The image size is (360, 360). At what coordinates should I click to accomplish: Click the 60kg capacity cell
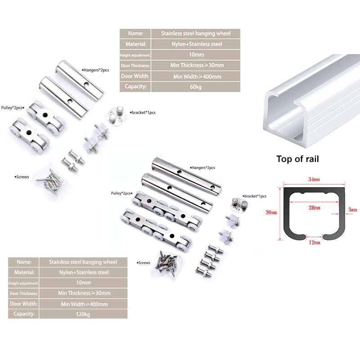click(x=196, y=87)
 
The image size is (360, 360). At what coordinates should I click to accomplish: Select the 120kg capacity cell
click(x=83, y=314)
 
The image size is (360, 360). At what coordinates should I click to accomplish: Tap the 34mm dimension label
click(x=314, y=179)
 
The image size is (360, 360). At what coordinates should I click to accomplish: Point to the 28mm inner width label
click(x=314, y=207)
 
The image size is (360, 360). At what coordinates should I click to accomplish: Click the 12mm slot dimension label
click(x=315, y=243)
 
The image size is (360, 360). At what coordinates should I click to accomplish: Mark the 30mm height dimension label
click(x=271, y=212)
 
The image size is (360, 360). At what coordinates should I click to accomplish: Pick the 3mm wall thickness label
click(x=353, y=210)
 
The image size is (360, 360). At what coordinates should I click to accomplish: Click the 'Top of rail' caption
click(x=297, y=159)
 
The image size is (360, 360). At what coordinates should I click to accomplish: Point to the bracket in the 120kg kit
click(x=239, y=204)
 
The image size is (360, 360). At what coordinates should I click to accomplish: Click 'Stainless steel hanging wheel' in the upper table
click(x=196, y=33)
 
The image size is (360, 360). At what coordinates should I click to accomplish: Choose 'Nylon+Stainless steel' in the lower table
click(x=84, y=273)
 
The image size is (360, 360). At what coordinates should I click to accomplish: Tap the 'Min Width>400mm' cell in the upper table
click(x=197, y=76)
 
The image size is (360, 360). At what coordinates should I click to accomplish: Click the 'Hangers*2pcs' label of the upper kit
click(x=95, y=70)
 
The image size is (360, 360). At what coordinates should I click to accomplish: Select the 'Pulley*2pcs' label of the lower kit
click(x=121, y=193)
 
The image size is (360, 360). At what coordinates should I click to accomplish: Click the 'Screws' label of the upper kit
click(x=22, y=177)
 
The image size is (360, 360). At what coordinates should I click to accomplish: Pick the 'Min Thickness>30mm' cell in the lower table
click(x=84, y=293)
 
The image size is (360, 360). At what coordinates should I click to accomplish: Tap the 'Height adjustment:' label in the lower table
click(x=23, y=283)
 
